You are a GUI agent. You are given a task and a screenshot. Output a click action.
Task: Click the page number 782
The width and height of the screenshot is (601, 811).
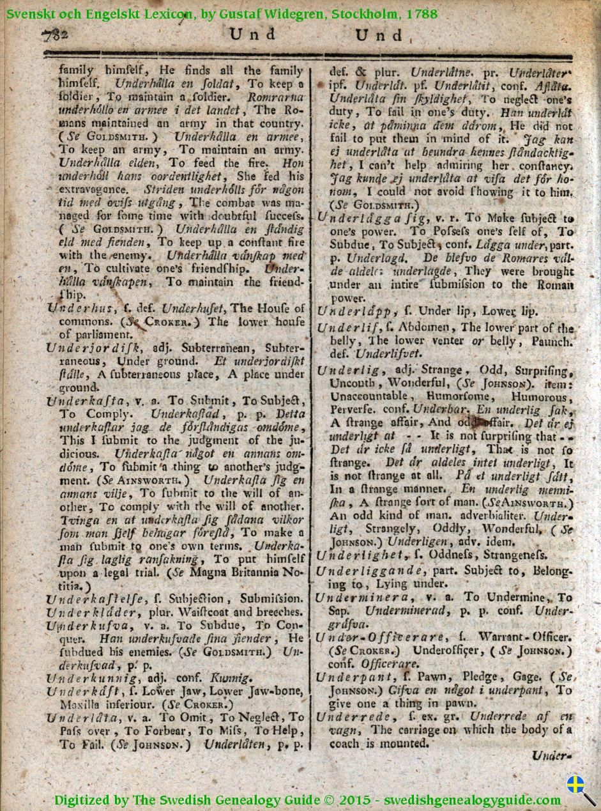56,36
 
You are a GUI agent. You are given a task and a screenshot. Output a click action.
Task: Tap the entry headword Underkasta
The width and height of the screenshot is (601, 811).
86,401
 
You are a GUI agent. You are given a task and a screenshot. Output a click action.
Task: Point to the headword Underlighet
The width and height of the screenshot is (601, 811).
360,555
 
